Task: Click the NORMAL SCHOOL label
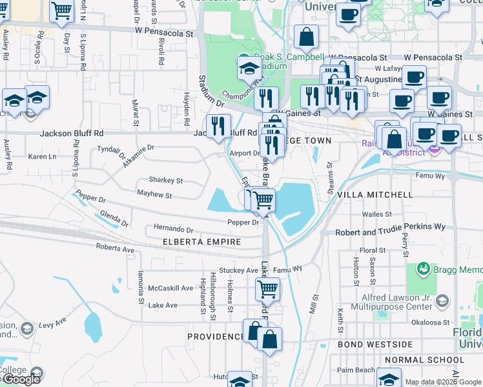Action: point(415,360)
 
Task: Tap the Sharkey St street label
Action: point(166,181)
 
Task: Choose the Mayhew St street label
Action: point(154,195)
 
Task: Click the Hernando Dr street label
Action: point(173,229)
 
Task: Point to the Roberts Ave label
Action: point(114,248)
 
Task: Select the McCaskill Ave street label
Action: point(170,288)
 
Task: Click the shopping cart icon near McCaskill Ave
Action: point(267,289)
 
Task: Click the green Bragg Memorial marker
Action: point(424,267)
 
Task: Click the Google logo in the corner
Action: point(21,379)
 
